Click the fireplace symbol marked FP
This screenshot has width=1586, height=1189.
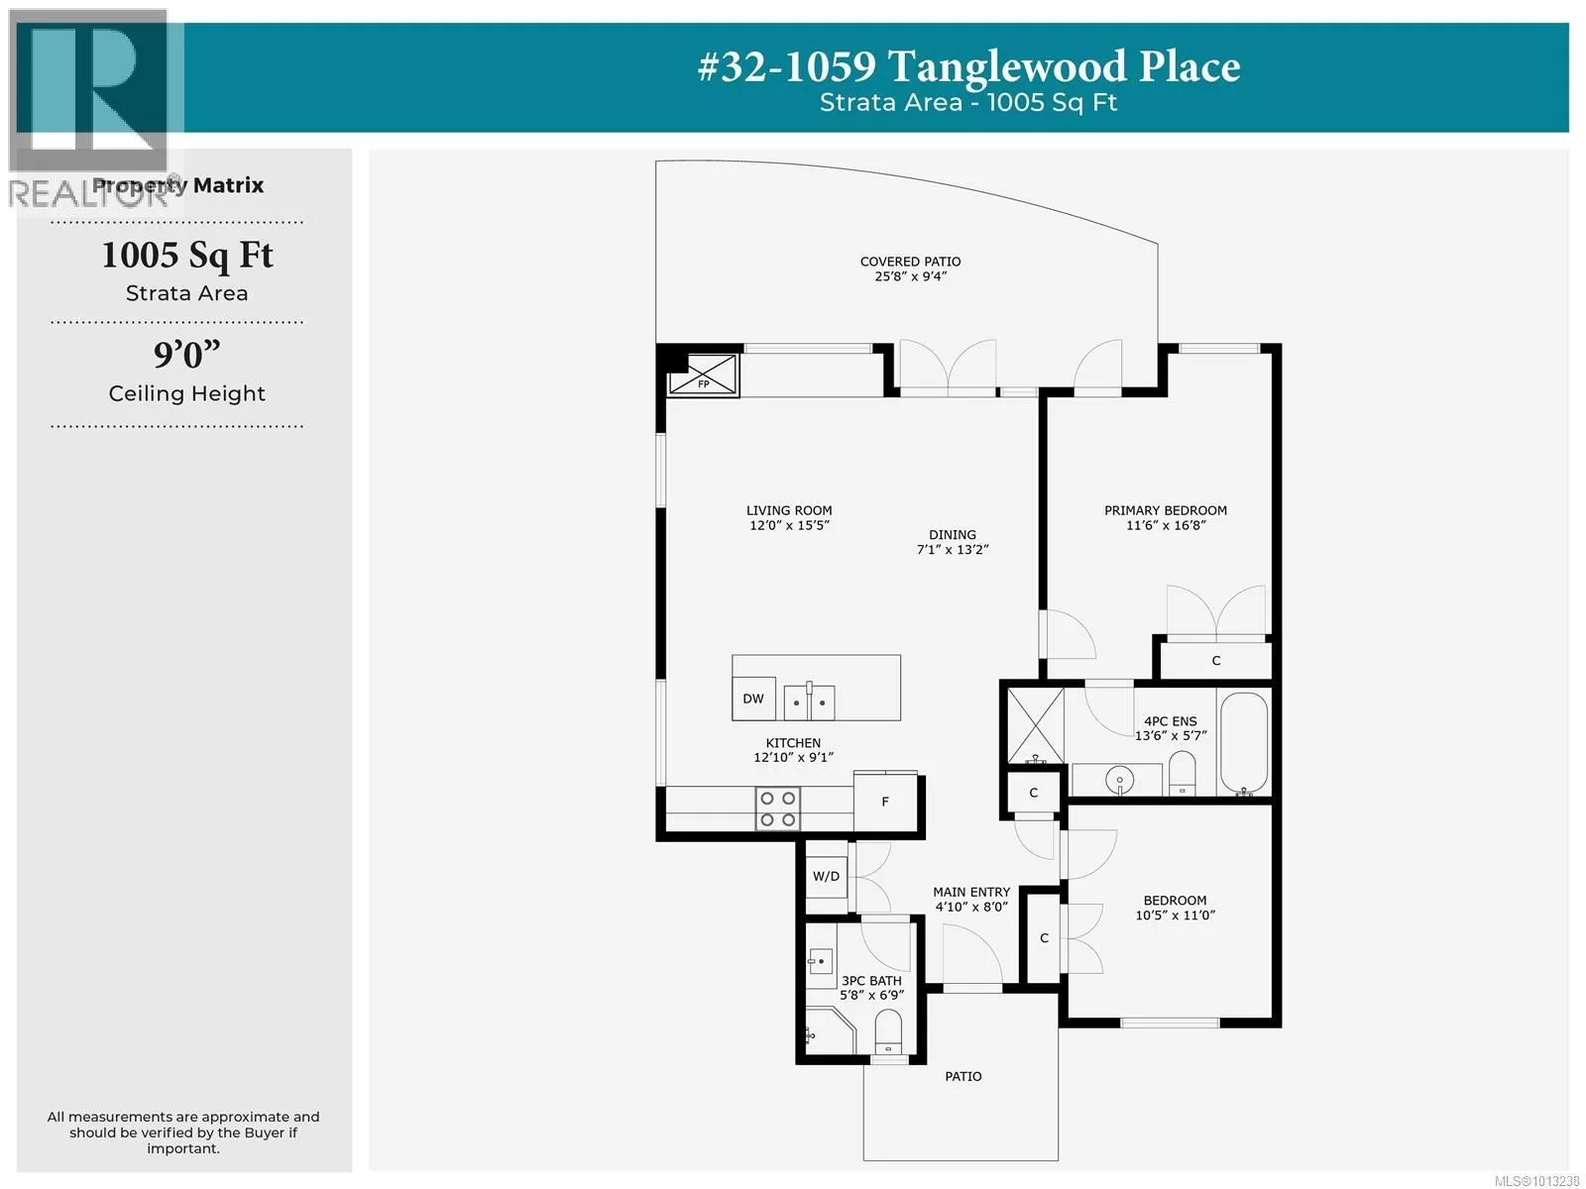point(703,374)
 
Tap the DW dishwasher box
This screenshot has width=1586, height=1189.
point(753,699)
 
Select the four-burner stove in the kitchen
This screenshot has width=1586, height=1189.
point(777,809)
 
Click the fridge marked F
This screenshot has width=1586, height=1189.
point(885,802)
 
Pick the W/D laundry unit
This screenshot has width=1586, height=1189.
point(826,877)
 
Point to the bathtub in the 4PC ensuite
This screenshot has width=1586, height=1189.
point(1244,743)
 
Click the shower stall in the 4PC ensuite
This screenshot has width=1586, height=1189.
point(1036,725)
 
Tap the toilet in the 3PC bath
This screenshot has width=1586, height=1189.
point(888,1030)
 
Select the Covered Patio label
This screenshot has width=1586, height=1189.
point(910,262)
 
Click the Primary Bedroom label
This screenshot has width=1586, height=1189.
point(1166,510)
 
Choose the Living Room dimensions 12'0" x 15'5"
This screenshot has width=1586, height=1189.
point(789,525)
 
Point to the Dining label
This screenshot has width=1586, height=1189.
point(953,535)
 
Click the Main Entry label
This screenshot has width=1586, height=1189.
point(971,893)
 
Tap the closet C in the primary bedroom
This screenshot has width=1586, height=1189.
point(1216,661)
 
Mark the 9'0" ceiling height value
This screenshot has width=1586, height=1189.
point(186,355)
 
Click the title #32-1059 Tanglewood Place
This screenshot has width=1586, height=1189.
point(968,66)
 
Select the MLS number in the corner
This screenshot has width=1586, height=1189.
point(1535,1181)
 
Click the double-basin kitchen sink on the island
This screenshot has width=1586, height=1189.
point(809,701)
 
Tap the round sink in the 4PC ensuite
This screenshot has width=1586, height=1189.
point(1119,780)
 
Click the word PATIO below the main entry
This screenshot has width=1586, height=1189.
point(963,1076)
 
